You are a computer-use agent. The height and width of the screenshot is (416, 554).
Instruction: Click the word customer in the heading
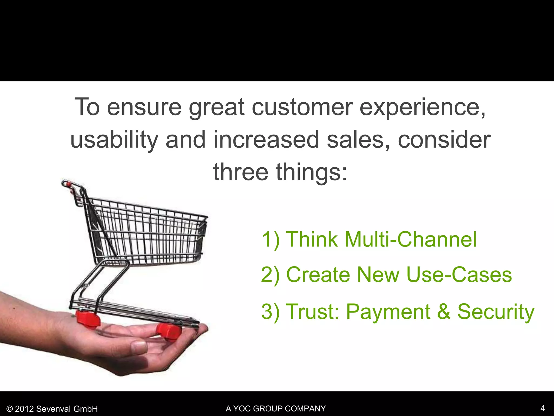tap(302, 107)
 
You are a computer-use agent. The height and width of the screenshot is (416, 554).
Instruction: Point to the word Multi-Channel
tap(410, 239)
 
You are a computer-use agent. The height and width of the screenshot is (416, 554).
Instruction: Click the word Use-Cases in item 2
tap(459, 275)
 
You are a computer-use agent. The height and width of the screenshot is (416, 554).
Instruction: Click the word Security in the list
tap(496, 312)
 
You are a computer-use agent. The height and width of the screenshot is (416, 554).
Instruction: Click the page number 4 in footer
tap(542, 408)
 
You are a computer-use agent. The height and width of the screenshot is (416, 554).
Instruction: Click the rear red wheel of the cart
tap(88, 319)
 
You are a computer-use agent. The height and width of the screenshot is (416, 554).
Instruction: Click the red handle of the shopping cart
tap(68, 185)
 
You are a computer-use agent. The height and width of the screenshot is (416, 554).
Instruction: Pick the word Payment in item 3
tap(388, 312)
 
